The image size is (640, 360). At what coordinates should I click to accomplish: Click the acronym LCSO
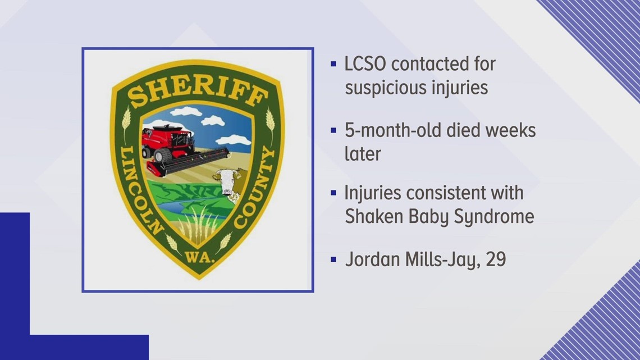pyautogui.click(x=365, y=64)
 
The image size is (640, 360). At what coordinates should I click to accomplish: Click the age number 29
pyautogui.click(x=496, y=259)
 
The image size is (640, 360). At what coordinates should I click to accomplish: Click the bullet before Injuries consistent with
pyautogui.click(x=333, y=194)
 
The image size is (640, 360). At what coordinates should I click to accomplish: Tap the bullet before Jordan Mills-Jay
pyautogui.click(x=333, y=259)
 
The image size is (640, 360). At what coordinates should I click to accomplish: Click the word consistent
pyautogui.click(x=445, y=193)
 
